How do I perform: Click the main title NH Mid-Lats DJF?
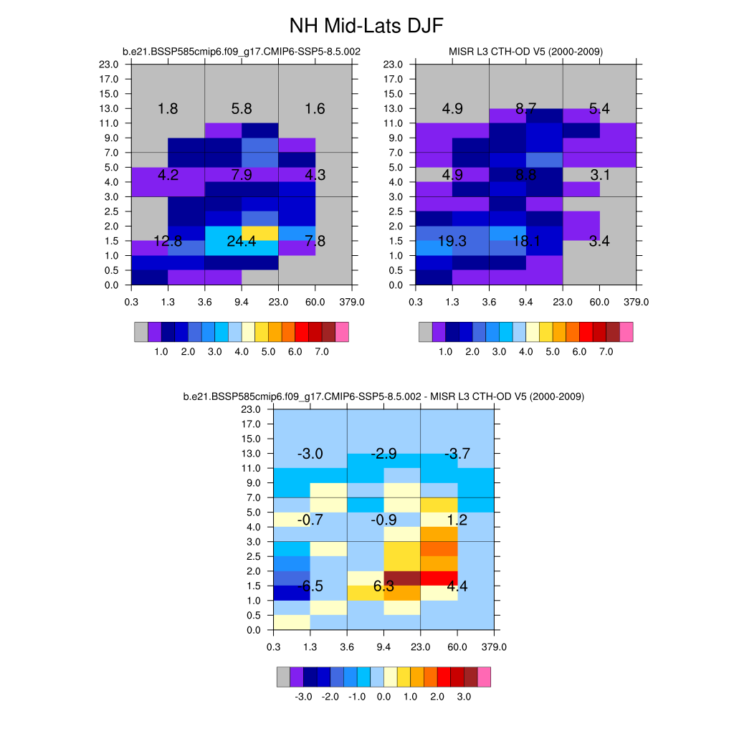pyautogui.click(x=366, y=27)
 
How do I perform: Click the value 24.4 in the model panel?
pyautogui.click(x=242, y=241)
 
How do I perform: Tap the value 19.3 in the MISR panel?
pyautogui.click(x=452, y=241)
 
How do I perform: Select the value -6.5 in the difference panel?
pyautogui.click(x=310, y=586)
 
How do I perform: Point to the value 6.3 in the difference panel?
pyautogui.click(x=383, y=586)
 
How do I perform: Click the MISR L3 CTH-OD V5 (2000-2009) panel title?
pyautogui.click(x=525, y=52)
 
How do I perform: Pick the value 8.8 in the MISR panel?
pyautogui.click(x=525, y=174)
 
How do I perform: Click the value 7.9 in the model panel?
pyautogui.click(x=242, y=174)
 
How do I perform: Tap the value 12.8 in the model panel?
pyautogui.click(x=168, y=241)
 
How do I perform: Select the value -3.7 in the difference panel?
pyautogui.click(x=457, y=454)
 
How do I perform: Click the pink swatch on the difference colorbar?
pyautogui.click(x=484, y=677)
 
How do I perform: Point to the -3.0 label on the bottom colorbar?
pyautogui.click(x=303, y=697)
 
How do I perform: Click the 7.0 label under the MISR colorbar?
pyautogui.click(x=606, y=352)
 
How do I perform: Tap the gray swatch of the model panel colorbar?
pyautogui.click(x=141, y=332)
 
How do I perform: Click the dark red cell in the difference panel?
pyautogui.click(x=402, y=578)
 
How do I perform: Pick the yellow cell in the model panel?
pyautogui.click(x=260, y=233)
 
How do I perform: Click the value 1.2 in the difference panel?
pyautogui.click(x=457, y=520)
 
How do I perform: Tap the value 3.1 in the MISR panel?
pyautogui.click(x=599, y=174)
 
